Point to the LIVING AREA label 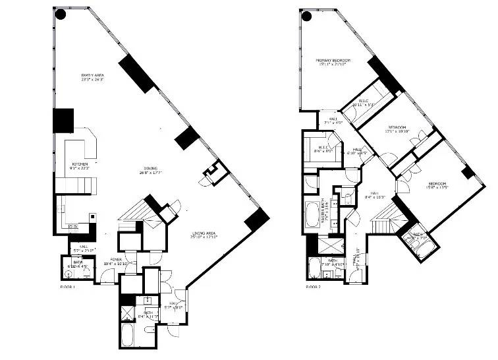point(205,233)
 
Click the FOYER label point(117,260)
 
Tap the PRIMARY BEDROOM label point(333,61)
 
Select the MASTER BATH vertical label point(325,215)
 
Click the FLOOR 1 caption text point(69,288)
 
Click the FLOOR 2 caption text point(314,288)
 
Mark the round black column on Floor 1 point(61,15)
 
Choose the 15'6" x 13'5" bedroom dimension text point(438,187)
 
